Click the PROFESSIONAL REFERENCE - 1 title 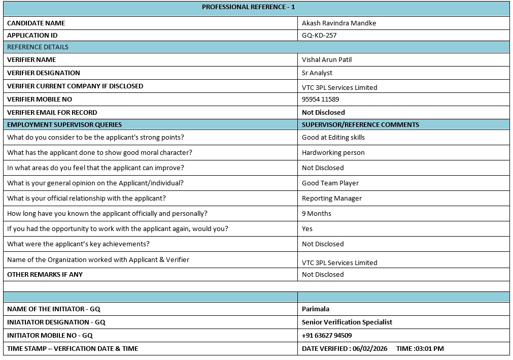[x=248, y=7]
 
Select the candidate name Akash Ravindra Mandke [x=339, y=23]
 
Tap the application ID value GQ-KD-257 [x=319, y=36]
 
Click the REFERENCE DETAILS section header [x=38, y=47]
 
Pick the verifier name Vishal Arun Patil [x=327, y=60]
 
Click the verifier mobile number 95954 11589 [x=320, y=100]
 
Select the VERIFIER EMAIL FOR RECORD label [x=52, y=113]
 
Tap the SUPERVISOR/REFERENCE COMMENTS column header [x=360, y=125]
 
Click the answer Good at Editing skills [x=333, y=138]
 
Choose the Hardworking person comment [x=333, y=153]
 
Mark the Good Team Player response [x=330, y=183]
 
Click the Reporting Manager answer [x=332, y=199]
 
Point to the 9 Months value [x=317, y=214]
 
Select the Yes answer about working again [x=307, y=229]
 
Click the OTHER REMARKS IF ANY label [x=45, y=275]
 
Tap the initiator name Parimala [x=316, y=309]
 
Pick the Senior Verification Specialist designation [x=347, y=322]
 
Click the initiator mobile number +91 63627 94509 [x=327, y=336]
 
